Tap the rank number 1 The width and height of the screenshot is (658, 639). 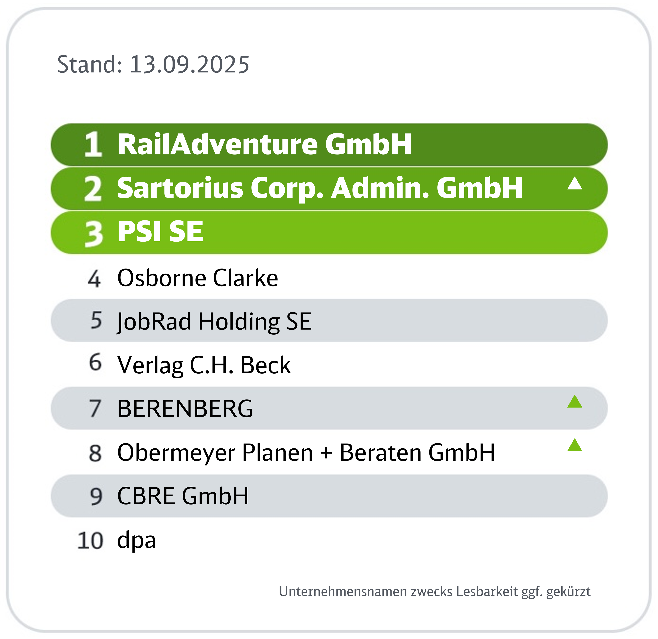(x=93, y=144)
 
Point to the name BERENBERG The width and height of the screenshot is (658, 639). (x=185, y=409)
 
